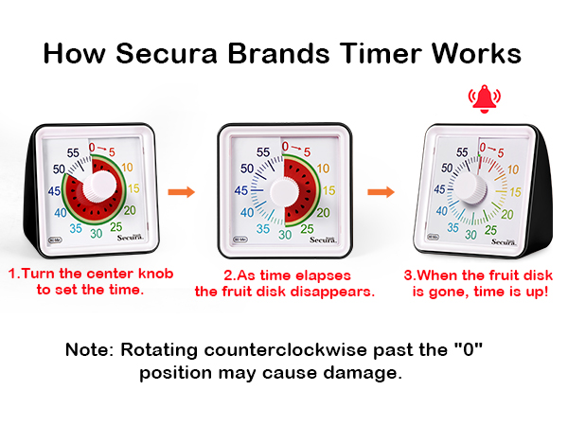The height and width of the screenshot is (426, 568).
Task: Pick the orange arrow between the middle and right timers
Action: [381, 191]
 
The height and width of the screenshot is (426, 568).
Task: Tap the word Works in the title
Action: [474, 53]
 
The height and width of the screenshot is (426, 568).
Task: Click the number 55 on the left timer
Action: [72, 151]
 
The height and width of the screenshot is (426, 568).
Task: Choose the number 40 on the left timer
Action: [61, 213]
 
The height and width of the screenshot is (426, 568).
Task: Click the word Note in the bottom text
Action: [89, 349]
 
